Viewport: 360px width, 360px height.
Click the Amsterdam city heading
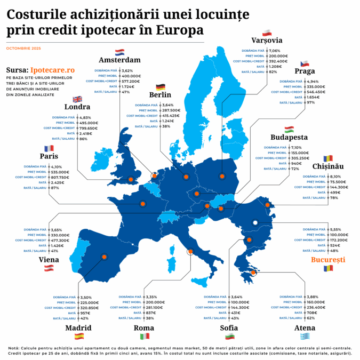(119, 60)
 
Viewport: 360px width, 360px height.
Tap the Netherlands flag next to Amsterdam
(119, 52)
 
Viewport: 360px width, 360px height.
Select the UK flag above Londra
(77, 99)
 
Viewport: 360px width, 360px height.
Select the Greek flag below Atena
(305, 336)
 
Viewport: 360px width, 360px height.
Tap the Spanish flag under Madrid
(79, 336)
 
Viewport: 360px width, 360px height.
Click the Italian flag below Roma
(145, 336)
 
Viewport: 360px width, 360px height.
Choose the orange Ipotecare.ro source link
(53, 70)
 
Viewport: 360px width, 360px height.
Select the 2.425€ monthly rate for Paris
(60, 182)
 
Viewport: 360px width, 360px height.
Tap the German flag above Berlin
(160, 87)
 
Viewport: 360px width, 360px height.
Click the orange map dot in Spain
(104, 257)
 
